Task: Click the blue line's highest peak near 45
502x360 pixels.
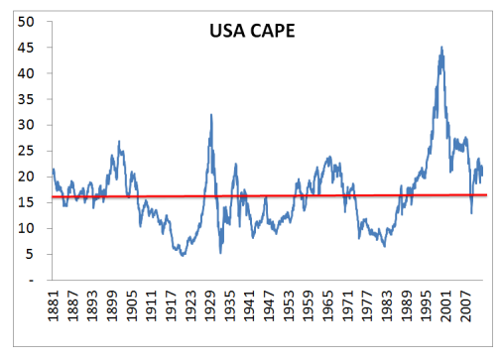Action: click(441, 48)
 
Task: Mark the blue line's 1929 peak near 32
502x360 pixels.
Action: click(211, 115)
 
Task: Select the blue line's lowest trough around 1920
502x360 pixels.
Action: click(182, 256)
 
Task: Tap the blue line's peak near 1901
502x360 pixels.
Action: click(120, 142)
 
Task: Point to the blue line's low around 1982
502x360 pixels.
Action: click(384, 245)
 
